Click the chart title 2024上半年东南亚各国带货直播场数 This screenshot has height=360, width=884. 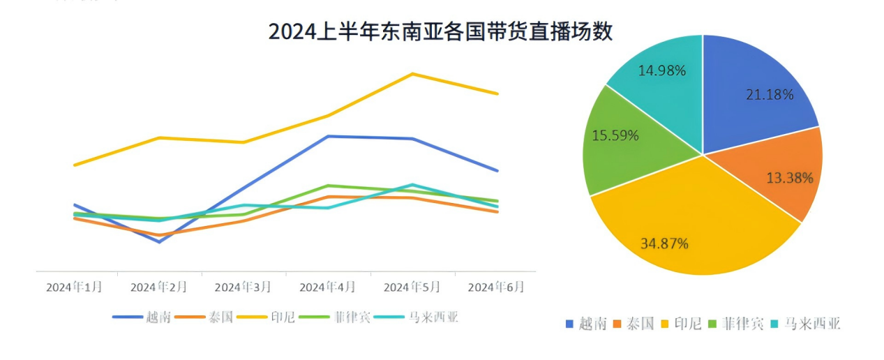[440, 32]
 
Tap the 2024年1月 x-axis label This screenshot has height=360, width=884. [74, 287]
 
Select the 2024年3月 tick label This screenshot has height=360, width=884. [242, 287]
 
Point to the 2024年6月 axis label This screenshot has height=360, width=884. [495, 287]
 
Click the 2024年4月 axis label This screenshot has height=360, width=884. [327, 287]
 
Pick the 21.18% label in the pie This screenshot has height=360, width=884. [769, 95]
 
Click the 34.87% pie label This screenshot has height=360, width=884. [664, 243]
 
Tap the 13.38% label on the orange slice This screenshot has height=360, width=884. [789, 178]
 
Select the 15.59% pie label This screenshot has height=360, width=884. [615, 136]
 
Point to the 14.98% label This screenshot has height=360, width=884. [662, 70]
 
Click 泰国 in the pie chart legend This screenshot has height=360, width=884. [640, 324]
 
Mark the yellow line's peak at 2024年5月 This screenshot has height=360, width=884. [412, 73]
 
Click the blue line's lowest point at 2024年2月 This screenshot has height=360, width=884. [159, 242]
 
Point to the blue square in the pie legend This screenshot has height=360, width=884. [569, 324]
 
